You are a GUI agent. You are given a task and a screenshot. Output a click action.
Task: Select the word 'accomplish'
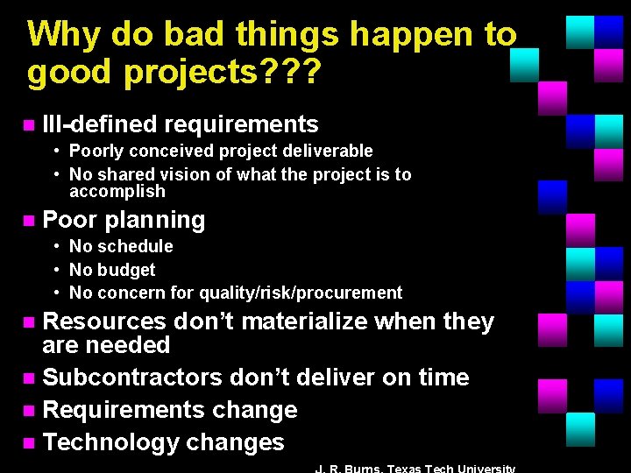(117, 191)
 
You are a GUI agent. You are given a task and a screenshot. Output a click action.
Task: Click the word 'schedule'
(133, 246)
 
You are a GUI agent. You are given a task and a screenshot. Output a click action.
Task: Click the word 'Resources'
(106, 321)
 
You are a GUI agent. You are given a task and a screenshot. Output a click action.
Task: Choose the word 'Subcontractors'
(134, 378)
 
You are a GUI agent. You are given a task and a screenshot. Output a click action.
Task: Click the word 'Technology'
(112, 442)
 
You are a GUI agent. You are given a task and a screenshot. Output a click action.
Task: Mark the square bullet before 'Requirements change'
(29, 411)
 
